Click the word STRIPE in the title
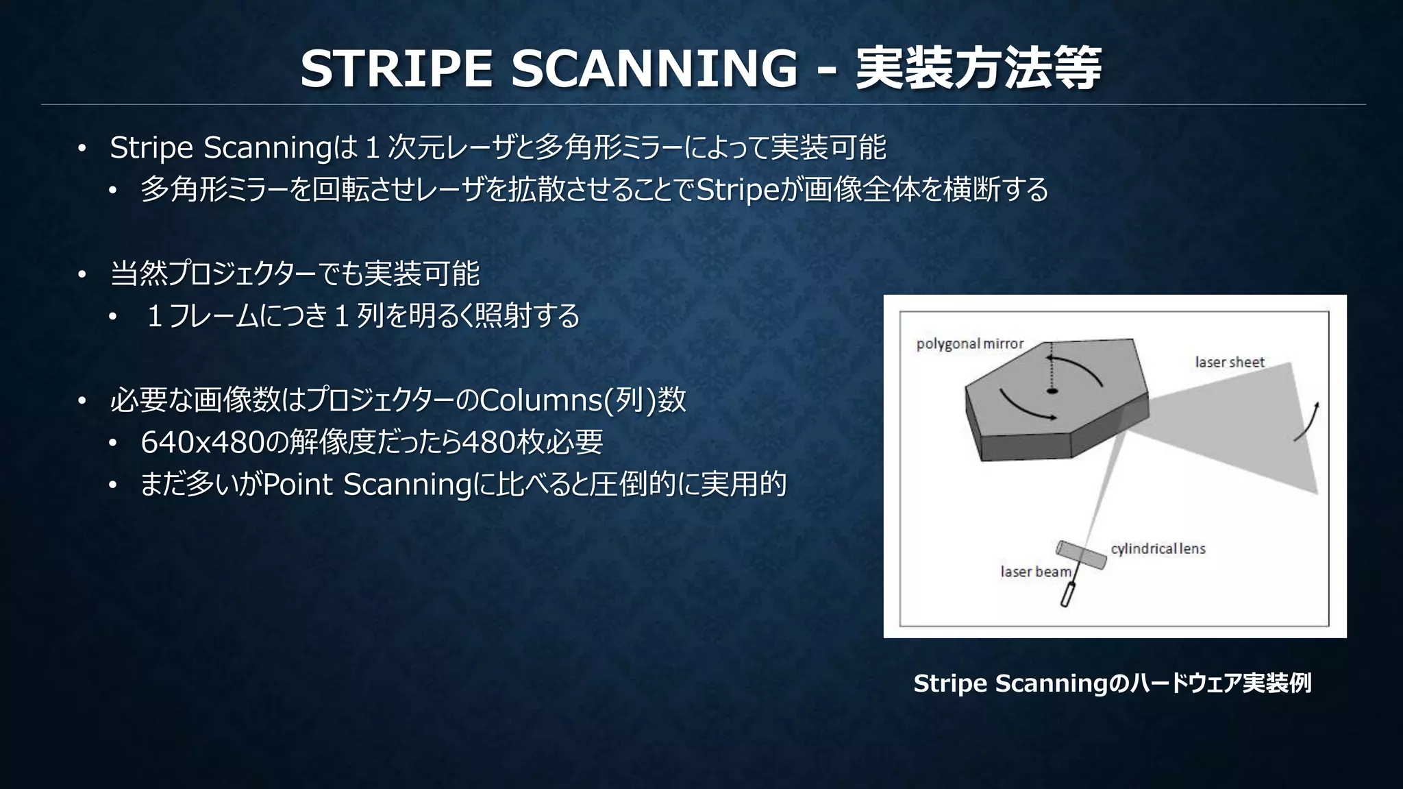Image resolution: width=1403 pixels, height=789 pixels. click(397, 69)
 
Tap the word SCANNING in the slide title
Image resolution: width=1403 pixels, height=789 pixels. click(654, 69)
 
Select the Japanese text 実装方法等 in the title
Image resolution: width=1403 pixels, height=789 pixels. click(978, 69)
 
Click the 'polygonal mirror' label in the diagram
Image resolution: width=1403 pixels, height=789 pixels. click(969, 343)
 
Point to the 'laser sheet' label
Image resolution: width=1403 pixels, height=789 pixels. click(1229, 362)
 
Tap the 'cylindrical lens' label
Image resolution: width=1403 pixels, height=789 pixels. click(1158, 548)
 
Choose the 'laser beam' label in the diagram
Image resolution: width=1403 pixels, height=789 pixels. click(1035, 572)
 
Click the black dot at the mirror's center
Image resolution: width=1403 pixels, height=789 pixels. click(1052, 391)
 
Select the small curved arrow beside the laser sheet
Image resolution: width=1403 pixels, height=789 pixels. click(1307, 422)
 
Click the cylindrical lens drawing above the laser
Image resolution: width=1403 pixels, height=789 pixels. click(1081, 555)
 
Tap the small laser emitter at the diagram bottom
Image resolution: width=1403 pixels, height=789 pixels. click(1067, 594)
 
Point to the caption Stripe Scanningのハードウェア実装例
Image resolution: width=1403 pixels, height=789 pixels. click(1112, 683)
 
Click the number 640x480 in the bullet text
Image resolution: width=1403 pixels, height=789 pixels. click(202, 442)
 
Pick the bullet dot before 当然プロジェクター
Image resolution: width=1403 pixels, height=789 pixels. click(82, 275)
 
